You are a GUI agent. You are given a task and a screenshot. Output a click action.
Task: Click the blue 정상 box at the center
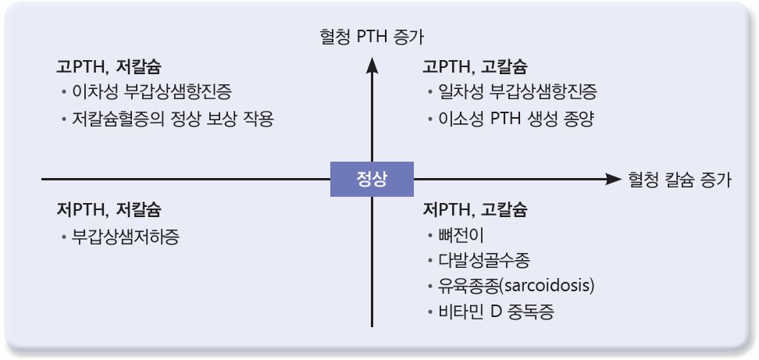point(372,179)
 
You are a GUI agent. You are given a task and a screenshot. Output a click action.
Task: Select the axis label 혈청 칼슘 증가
point(679,180)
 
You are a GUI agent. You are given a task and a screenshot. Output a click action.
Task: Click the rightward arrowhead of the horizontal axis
point(612,179)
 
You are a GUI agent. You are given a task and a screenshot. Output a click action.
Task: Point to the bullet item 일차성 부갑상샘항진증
point(518,92)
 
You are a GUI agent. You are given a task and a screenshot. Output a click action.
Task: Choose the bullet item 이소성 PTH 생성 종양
point(516,119)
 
